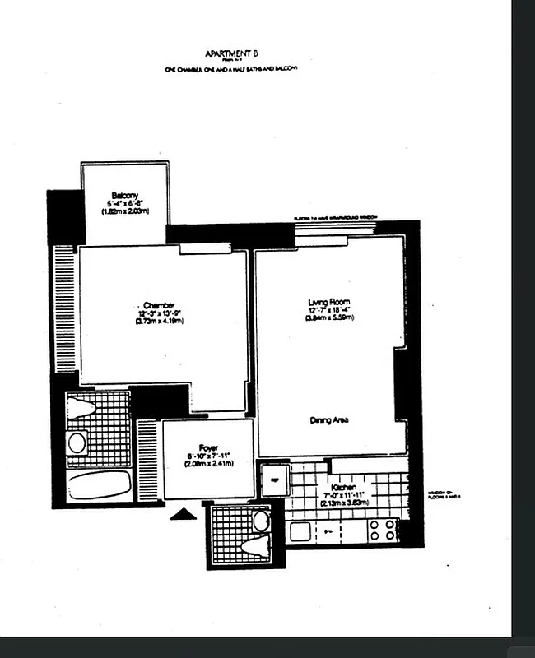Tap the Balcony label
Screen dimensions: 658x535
[x=125, y=195]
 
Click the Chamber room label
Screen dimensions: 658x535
[x=159, y=305]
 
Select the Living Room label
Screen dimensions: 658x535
[x=329, y=303]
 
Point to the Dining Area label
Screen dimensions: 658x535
[x=330, y=419]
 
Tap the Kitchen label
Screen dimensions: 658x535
[x=342, y=487]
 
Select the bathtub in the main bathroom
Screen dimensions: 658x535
[x=99, y=484]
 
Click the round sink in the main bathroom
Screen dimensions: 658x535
[x=77, y=443]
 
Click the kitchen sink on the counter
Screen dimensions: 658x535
[x=299, y=531]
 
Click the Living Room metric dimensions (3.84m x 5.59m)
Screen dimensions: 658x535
[x=329, y=318]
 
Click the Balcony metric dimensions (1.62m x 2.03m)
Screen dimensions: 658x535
[x=124, y=211]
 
